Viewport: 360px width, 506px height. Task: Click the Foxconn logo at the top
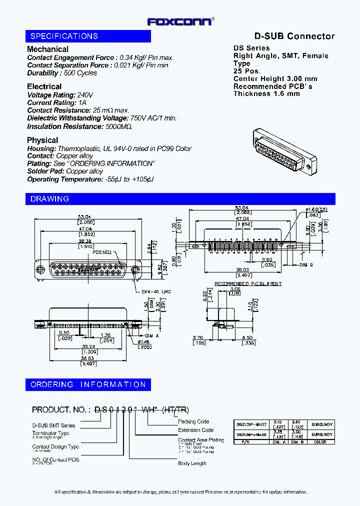[180, 21]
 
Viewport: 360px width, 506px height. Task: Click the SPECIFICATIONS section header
[64, 36]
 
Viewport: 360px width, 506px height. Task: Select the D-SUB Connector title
[294, 36]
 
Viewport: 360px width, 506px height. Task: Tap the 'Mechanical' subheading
[47, 49]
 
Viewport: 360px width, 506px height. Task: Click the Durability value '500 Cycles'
[80, 73]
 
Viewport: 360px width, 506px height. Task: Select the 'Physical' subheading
[42, 140]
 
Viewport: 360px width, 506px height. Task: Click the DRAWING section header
[49, 199]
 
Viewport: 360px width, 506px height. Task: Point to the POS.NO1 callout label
[102, 253]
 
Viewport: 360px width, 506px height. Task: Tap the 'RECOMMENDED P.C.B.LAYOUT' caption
[248, 283]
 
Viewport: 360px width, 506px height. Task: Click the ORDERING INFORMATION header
[88, 384]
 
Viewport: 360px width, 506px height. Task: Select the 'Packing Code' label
[193, 421]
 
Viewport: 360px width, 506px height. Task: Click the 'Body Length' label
[192, 463]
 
